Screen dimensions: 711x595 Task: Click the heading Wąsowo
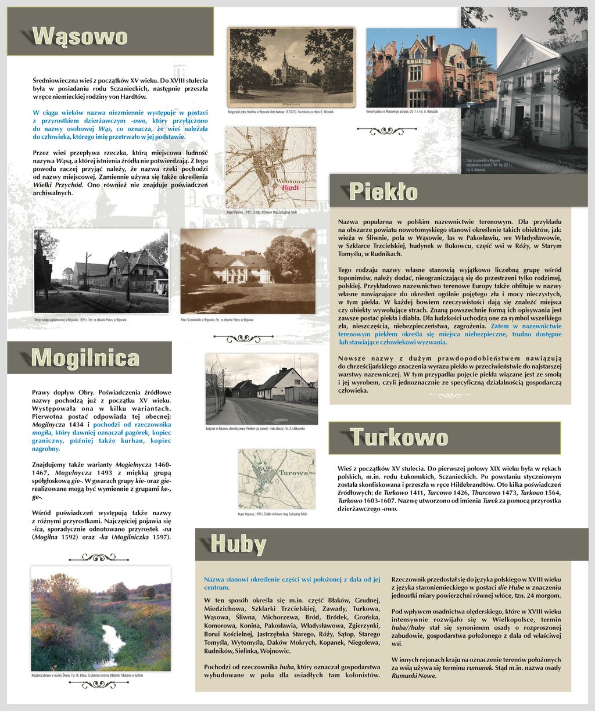click(80, 36)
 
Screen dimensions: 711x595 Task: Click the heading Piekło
click(383, 191)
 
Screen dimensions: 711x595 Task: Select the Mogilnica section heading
click(85, 357)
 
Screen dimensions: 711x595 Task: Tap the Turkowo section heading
click(399, 437)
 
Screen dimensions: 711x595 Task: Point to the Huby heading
click(238, 544)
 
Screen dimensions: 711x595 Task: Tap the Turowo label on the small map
click(292, 473)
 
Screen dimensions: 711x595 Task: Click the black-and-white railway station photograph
click(101, 272)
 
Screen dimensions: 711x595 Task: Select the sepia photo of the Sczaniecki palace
click(248, 271)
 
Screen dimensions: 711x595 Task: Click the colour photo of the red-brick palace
click(431, 68)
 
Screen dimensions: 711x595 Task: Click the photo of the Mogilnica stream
click(101, 619)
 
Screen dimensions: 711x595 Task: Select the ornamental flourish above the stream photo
click(100, 558)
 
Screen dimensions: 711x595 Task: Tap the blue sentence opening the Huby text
click(292, 583)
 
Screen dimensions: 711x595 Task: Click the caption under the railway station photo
click(81, 320)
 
